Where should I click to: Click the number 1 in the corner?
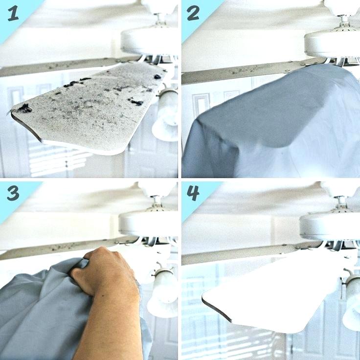[13, 14]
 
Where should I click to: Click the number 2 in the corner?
[193, 14]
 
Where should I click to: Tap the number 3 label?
[13, 193]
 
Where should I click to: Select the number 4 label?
[193, 193]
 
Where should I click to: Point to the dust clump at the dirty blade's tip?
[25, 108]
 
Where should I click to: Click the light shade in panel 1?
[166, 115]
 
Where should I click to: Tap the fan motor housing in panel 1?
[149, 41]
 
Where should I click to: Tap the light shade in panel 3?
[162, 292]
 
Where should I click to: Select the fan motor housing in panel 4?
[330, 224]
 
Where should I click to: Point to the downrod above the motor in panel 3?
[156, 201]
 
